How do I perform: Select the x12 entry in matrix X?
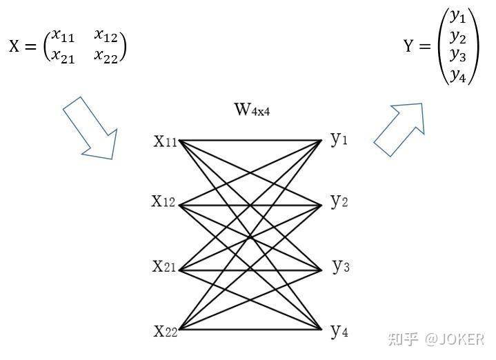[106, 36]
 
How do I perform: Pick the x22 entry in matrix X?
[106, 56]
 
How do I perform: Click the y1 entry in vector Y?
[458, 16]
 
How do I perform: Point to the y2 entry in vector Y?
[458, 35]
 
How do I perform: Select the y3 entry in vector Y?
[458, 54]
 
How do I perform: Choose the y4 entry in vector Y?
[458, 74]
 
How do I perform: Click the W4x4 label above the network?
[252, 110]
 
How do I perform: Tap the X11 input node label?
[166, 142]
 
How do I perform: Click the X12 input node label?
[164, 202]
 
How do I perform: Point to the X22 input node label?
[166, 331]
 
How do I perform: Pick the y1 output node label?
[339, 140]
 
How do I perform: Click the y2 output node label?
[339, 202]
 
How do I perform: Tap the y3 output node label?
[340, 266]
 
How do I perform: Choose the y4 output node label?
[339, 332]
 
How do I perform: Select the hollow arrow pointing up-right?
[399, 128]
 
